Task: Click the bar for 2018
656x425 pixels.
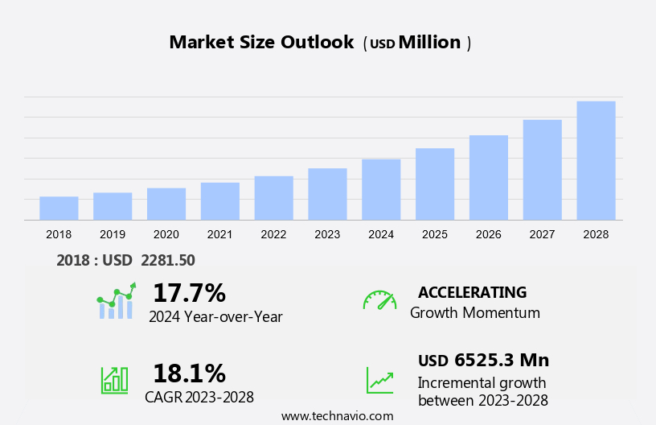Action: pyautogui.click(x=59, y=208)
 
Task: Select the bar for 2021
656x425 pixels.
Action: pyautogui.click(x=219, y=201)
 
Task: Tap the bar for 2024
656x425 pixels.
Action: pyautogui.click(x=381, y=189)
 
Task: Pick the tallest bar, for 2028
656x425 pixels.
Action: pyautogui.click(x=596, y=160)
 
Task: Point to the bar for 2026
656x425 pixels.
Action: pyautogui.click(x=489, y=177)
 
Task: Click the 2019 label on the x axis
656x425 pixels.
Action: pyautogui.click(x=113, y=234)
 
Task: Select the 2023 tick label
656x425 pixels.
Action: pyautogui.click(x=327, y=234)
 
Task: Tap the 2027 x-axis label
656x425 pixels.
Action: pyautogui.click(x=542, y=234)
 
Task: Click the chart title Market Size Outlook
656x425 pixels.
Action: pyautogui.click(x=261, y=43)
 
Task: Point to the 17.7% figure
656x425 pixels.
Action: pyautogui.click(x=189, y=292)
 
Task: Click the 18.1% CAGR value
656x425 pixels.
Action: pyautogui.click(x=189, y=373)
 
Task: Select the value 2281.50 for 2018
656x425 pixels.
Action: pyautogui.click(x=167, y=260)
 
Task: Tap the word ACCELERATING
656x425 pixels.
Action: pyautogui.click(x=472, y=292)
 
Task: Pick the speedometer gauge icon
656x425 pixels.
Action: pyautogui.click(x=379, y=300)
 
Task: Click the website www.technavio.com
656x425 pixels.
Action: pyautogui.click(x=337, y=416)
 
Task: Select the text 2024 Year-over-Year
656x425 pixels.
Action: pyautogui.click(x=215, y=316)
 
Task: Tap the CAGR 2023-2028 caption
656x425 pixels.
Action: pyautogui.click(x=199, y=397)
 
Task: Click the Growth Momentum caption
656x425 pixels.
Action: pyautogui.click(x=474, y=313)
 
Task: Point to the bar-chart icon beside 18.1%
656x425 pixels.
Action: pyautogui.click(x=114, y=379)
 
